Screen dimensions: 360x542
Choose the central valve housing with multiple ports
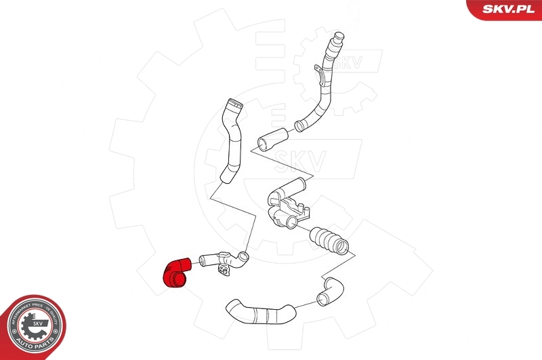click(287, 207)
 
